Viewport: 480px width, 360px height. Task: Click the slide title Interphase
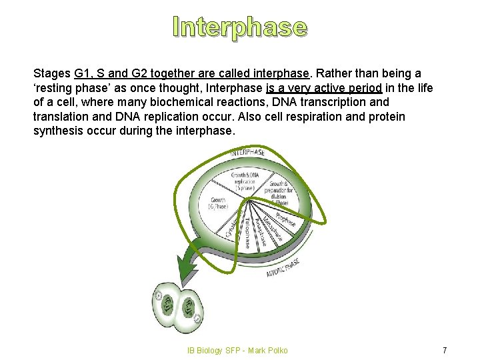click(240, 27)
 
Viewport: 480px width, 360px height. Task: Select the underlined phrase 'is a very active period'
click(323, 87)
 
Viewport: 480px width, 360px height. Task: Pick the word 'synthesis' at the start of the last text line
click(57, 131)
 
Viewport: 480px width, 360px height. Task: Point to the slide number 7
click(445, 350)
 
